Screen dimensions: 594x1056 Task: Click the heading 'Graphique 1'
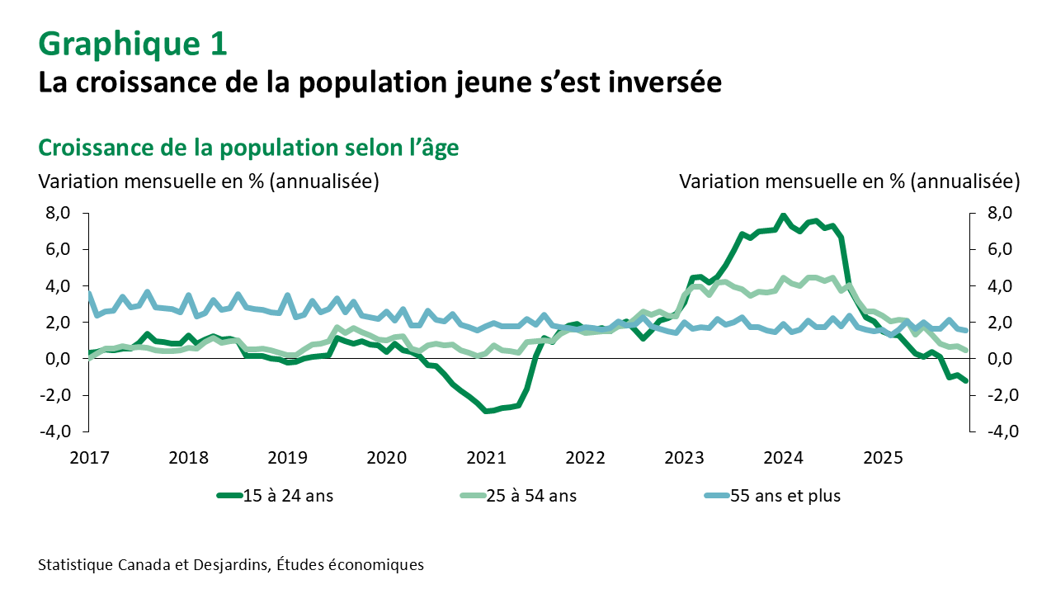[132, 44]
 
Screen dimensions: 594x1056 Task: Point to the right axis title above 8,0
[850, 181]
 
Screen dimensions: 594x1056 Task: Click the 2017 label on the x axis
[89, 456]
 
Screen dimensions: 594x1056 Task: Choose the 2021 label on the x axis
[486, 456]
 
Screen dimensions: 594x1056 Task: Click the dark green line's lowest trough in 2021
[487, 411]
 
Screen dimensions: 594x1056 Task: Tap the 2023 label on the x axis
[684, 456]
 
